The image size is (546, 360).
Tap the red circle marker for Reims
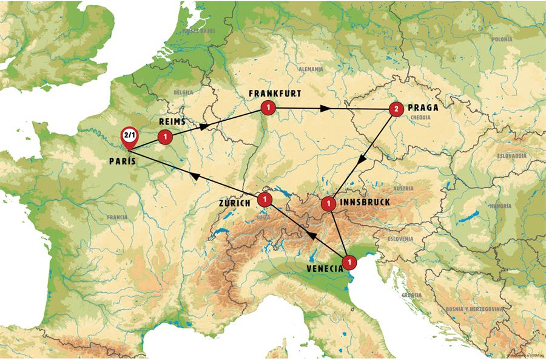pos(164,137)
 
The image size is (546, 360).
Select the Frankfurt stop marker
pos(267,107)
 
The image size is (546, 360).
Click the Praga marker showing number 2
pos(396,109)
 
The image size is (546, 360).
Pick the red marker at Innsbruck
pos(328,203)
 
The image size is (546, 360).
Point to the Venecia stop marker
pos(349,262)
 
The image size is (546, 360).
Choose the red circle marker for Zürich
pos(265,199)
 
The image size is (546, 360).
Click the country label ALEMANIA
pos(310,69)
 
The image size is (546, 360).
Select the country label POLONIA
pos(502,39)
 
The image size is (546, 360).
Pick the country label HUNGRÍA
pos(500,206)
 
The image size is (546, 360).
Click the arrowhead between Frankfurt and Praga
pos(326,109)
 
